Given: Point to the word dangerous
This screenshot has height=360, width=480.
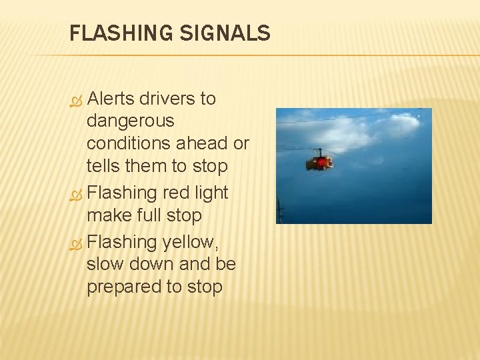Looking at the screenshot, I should (x=130, y=121).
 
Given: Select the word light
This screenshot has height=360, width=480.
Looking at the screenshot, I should (x=212, y=193).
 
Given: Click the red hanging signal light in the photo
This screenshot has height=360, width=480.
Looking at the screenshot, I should (x=319, y=161).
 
